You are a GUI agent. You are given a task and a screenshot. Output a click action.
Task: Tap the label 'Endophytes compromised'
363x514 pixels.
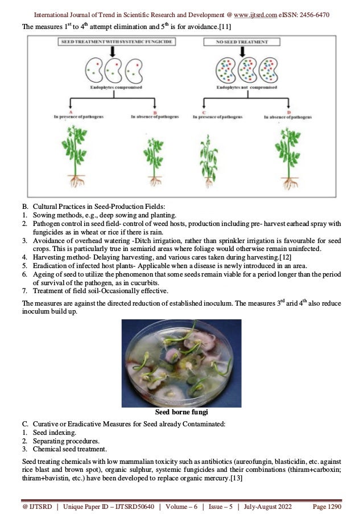tap(115, 88)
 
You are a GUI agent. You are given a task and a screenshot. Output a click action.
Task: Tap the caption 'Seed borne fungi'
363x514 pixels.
tap(181, 412)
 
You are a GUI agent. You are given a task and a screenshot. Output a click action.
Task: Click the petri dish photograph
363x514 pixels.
tap(181, 363)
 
